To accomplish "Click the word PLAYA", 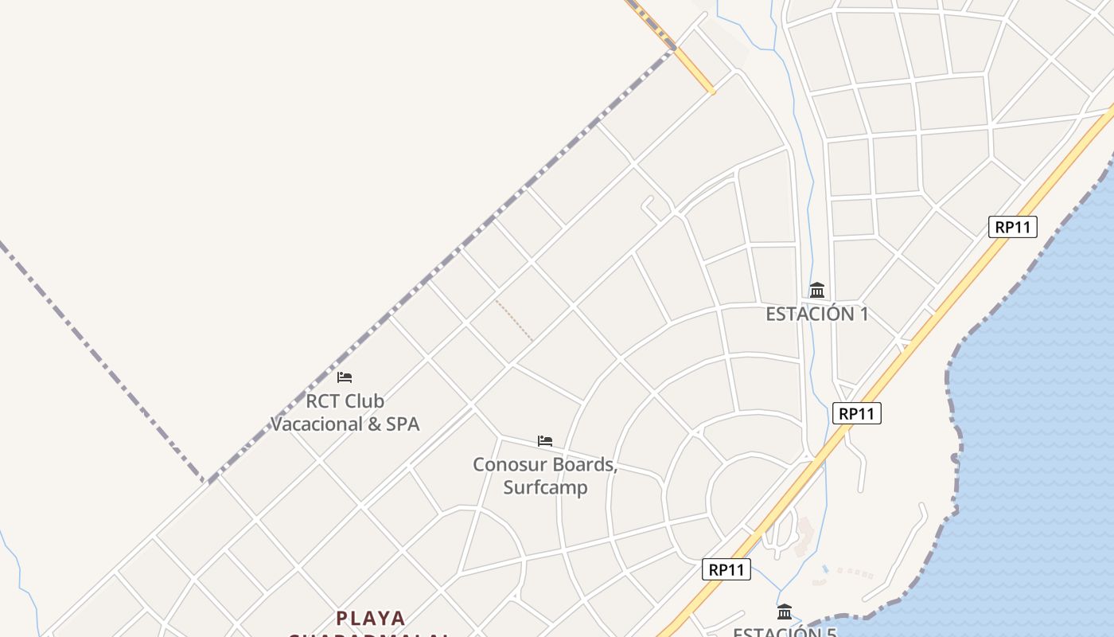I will click(371, 618).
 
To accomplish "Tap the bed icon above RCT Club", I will click(345, 377).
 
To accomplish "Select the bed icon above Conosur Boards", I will click(545, 440).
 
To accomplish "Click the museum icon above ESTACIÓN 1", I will click(817, 290).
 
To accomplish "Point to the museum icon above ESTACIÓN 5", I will click(785, 612).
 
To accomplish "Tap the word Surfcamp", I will click(545, 487).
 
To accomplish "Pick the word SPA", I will click(403, 424).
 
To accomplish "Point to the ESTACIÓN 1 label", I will click(817, 314).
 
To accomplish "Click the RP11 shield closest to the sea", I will click(1012, 227).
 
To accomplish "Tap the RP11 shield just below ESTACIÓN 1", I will click(857, 413).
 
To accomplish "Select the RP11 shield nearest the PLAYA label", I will click(726, 569).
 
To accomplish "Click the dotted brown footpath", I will click(514, 321).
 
